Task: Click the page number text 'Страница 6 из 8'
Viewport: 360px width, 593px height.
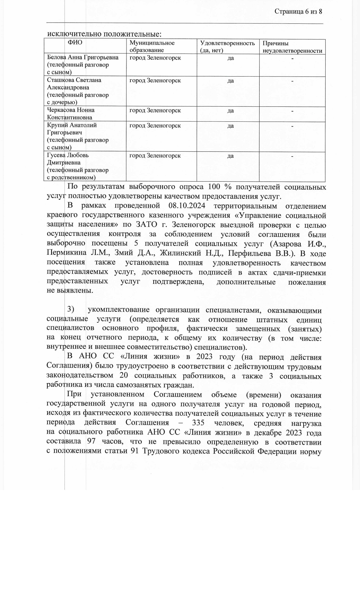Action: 298,12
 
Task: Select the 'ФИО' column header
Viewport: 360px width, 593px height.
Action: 75,43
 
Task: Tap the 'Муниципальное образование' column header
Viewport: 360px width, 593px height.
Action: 152,47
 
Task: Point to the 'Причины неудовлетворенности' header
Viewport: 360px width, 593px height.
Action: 292,47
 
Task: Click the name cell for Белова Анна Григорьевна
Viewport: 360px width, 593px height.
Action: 83,65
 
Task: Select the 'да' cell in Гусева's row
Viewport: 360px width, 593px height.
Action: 230,156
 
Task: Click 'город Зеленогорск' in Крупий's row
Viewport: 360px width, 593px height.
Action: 155,125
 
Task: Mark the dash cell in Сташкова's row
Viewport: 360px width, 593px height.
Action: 293,81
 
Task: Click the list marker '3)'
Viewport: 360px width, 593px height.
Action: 71,309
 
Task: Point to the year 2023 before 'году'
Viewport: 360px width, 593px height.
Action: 204,357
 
